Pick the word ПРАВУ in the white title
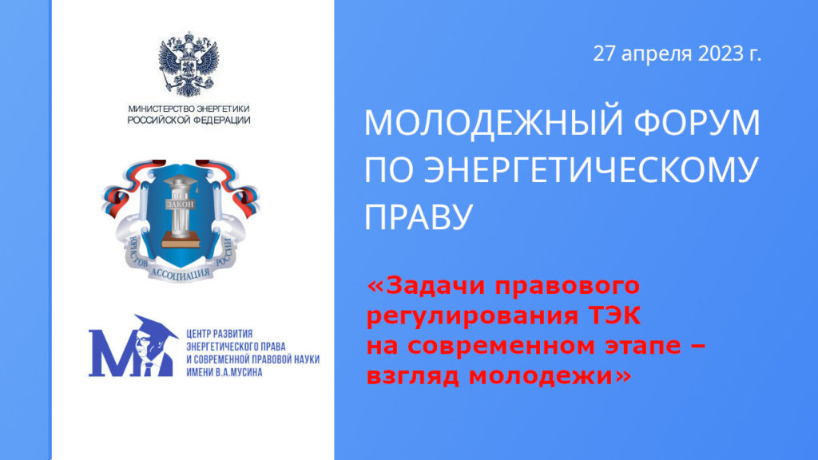tap(418, 216)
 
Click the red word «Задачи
tap(427, 286)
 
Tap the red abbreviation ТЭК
tap(614, 315)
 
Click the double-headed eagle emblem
tap(189, 65)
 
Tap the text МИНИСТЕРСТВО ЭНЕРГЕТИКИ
tap(189, 109)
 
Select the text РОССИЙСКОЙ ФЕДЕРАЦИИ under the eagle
tap(189, 120)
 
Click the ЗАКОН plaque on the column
tap(180, 204)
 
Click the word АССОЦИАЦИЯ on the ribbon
tap(181, 274)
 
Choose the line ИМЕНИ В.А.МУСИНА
tap(224, 372)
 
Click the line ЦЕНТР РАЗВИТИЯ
tap(219, 334)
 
